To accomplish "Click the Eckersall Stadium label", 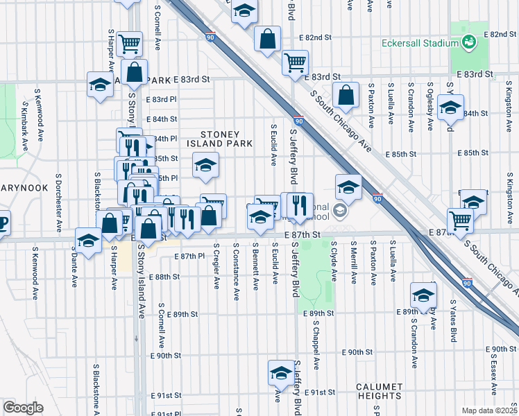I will (416, 43).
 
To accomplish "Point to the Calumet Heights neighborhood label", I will (379, 391).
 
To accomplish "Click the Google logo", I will (22, 408).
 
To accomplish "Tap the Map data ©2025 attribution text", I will (488, 410).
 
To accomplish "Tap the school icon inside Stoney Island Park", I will (205, 166).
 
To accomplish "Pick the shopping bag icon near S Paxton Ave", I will (346, 95).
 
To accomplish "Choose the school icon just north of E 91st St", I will (280, 372).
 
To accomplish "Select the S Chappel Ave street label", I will (316, 343).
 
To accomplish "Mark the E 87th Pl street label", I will (189, 256).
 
